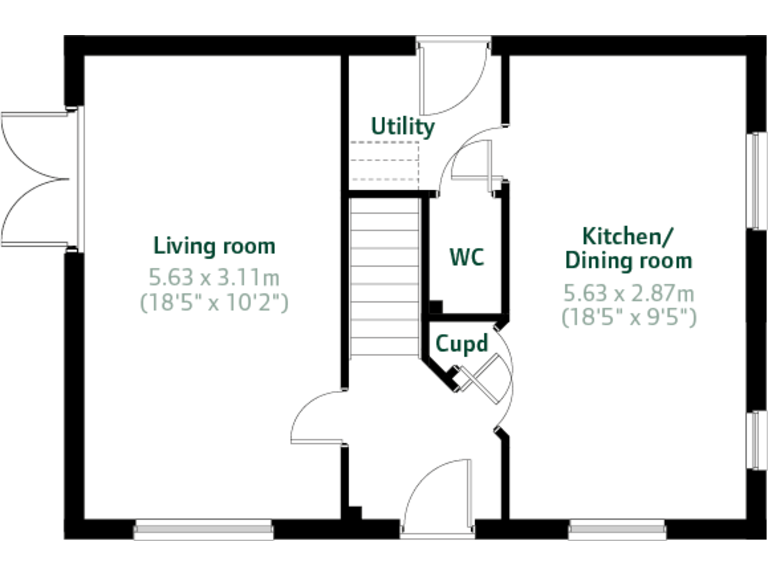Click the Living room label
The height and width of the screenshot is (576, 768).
(214, 246)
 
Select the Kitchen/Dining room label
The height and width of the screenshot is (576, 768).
(628, 249)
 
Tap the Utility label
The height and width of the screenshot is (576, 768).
(403, 127)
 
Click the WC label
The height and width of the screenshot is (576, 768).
(466, 257)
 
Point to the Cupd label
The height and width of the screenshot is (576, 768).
(461, 344)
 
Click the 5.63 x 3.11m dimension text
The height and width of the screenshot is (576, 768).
(214, 276)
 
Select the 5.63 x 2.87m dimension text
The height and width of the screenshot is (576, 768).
(628, 293)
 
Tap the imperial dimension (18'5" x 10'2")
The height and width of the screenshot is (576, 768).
(214, 300)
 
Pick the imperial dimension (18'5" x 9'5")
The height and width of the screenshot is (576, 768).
(628, 317)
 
